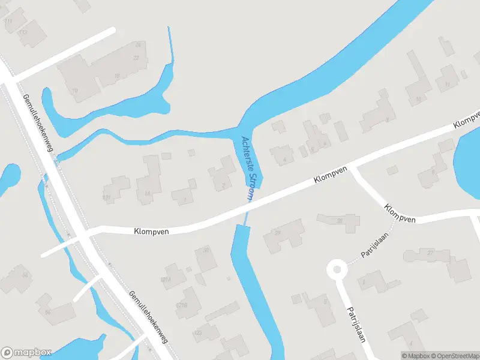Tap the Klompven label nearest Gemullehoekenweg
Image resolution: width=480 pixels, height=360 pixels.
point(151,230)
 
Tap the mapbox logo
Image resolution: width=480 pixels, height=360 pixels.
point(26,353)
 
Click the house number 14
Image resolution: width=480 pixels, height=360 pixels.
point(147,193)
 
